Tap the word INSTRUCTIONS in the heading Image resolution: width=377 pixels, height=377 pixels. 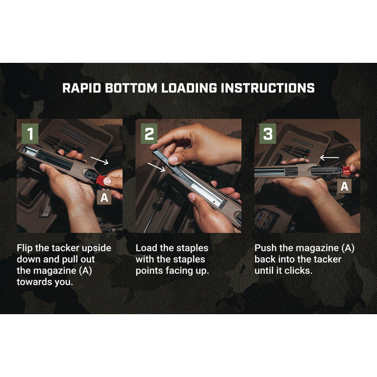pos(267,88)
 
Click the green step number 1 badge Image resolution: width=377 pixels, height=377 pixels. pos(30,134)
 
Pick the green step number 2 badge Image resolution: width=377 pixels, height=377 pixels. pos(149,134)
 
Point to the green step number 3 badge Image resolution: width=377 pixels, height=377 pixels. pos(267,134)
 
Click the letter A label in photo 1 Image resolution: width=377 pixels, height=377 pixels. pos(104,198)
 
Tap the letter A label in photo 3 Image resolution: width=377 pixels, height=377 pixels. pos(344,186)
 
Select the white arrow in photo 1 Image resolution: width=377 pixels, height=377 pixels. pos(100,160)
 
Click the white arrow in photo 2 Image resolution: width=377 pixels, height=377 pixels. pos(156,167)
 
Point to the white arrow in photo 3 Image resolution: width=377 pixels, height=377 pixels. pos(329,158)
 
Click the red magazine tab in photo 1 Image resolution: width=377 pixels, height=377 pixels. pos(101,180)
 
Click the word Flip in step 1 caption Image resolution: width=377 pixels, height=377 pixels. pos(25,248)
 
